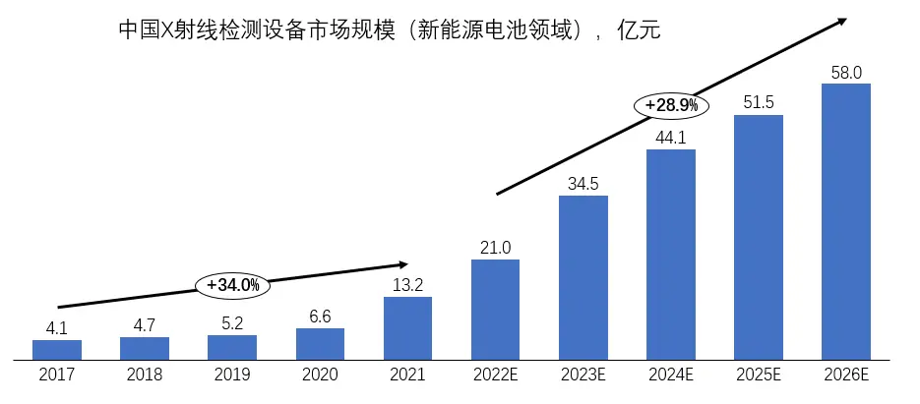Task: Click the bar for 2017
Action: (57, 349)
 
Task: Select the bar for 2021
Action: (407, 327)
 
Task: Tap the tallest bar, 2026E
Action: (846, 221)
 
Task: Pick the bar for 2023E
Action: (583, 277)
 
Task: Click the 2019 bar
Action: (232, 347)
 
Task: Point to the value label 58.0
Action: (846, 72)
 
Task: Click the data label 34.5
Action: (583, 184)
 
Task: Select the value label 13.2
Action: (407, 285)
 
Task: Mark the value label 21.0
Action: (495, 248)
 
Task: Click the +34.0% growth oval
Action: (233, 285)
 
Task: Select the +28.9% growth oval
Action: (671, 103)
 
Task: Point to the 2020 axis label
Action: (320, 375)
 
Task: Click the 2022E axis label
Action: (495, 375)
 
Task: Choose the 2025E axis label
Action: (759, 375)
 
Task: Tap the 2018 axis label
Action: (145, 375)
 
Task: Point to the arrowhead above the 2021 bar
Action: (402, 263)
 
